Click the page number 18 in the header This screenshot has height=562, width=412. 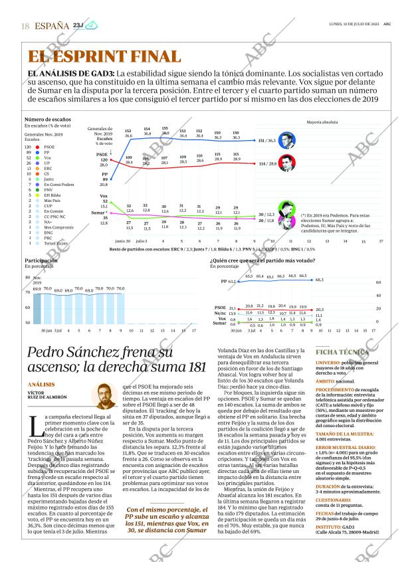25,26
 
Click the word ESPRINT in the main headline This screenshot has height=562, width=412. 106,57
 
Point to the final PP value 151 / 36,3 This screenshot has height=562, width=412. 266,141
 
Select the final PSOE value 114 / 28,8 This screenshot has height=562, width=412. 267,163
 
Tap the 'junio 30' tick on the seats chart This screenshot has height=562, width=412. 122,241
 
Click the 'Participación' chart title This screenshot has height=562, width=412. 41,261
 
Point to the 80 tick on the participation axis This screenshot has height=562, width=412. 27,278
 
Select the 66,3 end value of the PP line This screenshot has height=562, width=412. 320,280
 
